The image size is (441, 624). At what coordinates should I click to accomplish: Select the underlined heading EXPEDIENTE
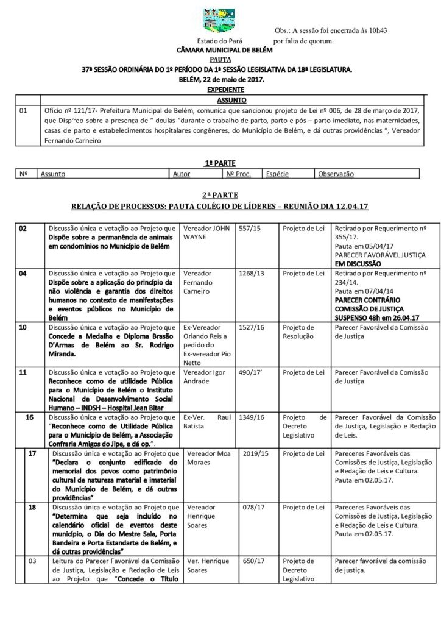[x=220, y=89]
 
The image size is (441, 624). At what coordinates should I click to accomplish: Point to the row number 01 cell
[x=24, y=112]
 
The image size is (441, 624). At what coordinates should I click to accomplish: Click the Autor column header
[x=182, y=174]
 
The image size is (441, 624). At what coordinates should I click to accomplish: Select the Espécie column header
[x=277, y=174]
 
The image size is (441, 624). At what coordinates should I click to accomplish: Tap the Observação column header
[x=335, y=174]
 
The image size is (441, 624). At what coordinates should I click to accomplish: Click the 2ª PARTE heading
[x=220, y=196]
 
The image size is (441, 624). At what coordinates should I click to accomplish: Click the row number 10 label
[x=23, y=327]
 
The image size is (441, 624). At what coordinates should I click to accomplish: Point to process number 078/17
[x=253, y=507]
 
